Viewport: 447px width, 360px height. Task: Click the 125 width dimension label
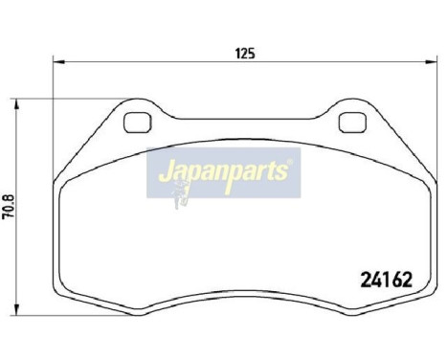(244, 54)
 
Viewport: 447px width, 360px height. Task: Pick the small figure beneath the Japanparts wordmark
(178, 195)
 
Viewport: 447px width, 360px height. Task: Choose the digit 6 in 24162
(396, 281)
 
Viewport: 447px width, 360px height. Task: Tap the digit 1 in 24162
(386, 281)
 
